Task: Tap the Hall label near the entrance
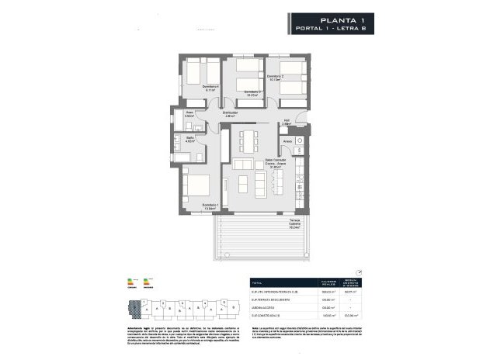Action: point(286,123)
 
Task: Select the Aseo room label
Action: point(189,114)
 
